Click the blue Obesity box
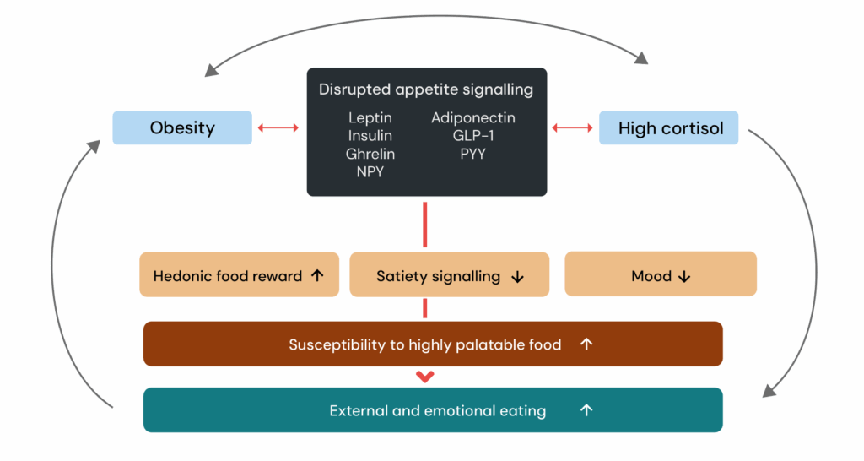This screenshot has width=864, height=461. point(182,128)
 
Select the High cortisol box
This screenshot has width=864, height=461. point(668,128)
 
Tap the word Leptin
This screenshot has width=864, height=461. point(370,118)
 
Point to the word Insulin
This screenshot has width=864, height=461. point(370,136)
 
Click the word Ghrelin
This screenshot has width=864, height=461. point(370,154)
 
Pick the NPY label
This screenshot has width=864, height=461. point(370,171)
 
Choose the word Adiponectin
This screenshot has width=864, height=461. point(473,118)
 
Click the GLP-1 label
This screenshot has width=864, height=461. point(473,136)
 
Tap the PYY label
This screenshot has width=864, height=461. point(473,154)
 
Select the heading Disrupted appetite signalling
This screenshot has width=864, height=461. point(426,89)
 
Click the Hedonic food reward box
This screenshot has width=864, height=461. point(239,275)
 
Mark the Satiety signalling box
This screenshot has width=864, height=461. point(449,275)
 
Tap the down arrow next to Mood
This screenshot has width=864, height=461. point(684,277)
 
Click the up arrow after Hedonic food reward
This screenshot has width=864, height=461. point(317,275)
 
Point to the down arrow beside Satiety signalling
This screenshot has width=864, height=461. point(518,277)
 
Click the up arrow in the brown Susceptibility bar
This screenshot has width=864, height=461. point(587,344)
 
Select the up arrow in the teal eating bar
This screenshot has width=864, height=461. point(587,410)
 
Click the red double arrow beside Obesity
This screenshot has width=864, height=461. point(278,127)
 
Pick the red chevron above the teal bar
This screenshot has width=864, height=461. point(425,377)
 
